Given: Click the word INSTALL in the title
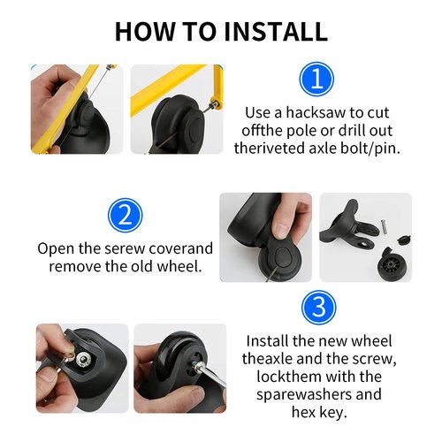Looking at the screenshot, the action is [276, 31].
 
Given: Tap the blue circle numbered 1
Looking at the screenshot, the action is [316, 79].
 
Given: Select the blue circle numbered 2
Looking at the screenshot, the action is [126, 215].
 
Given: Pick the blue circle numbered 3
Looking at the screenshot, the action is [319, 308].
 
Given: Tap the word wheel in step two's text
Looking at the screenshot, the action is [179, 266].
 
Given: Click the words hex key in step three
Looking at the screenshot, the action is [319, 412].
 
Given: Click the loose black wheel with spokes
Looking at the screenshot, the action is [390, 264].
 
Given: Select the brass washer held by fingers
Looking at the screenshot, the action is [68, 358].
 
